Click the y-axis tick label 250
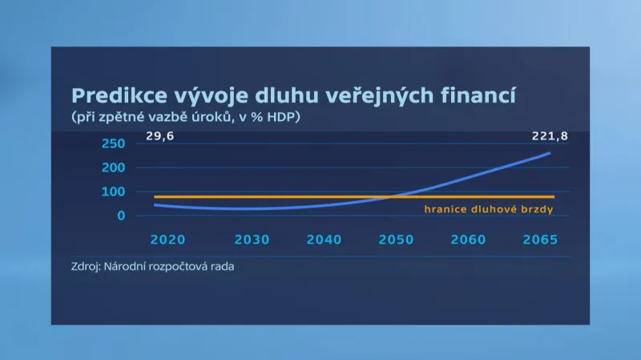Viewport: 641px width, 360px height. click(x=113, y=144)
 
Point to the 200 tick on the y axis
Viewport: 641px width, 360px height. click(x=113, y=168)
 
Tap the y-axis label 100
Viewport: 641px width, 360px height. click(x=113, y=192)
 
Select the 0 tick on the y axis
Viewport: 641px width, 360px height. click(x=121, y=216)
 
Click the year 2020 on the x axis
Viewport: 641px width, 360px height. click(x=167, y=240)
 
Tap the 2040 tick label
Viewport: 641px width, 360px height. click(x=324, y=240)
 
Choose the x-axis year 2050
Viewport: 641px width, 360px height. click(x=397, y=240)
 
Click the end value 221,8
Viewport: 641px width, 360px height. click(x=550, y=137)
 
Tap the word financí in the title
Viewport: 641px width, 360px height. click(x=479, y=96)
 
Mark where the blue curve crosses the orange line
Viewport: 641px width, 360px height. click(x=390, y=196)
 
